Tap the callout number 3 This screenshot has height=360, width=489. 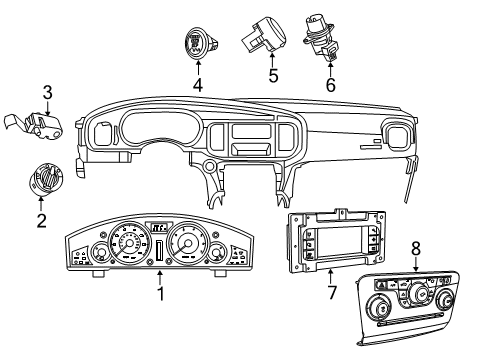click(46, 93)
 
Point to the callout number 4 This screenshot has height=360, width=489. click(197, 86)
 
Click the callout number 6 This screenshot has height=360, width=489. click(331, 85)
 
